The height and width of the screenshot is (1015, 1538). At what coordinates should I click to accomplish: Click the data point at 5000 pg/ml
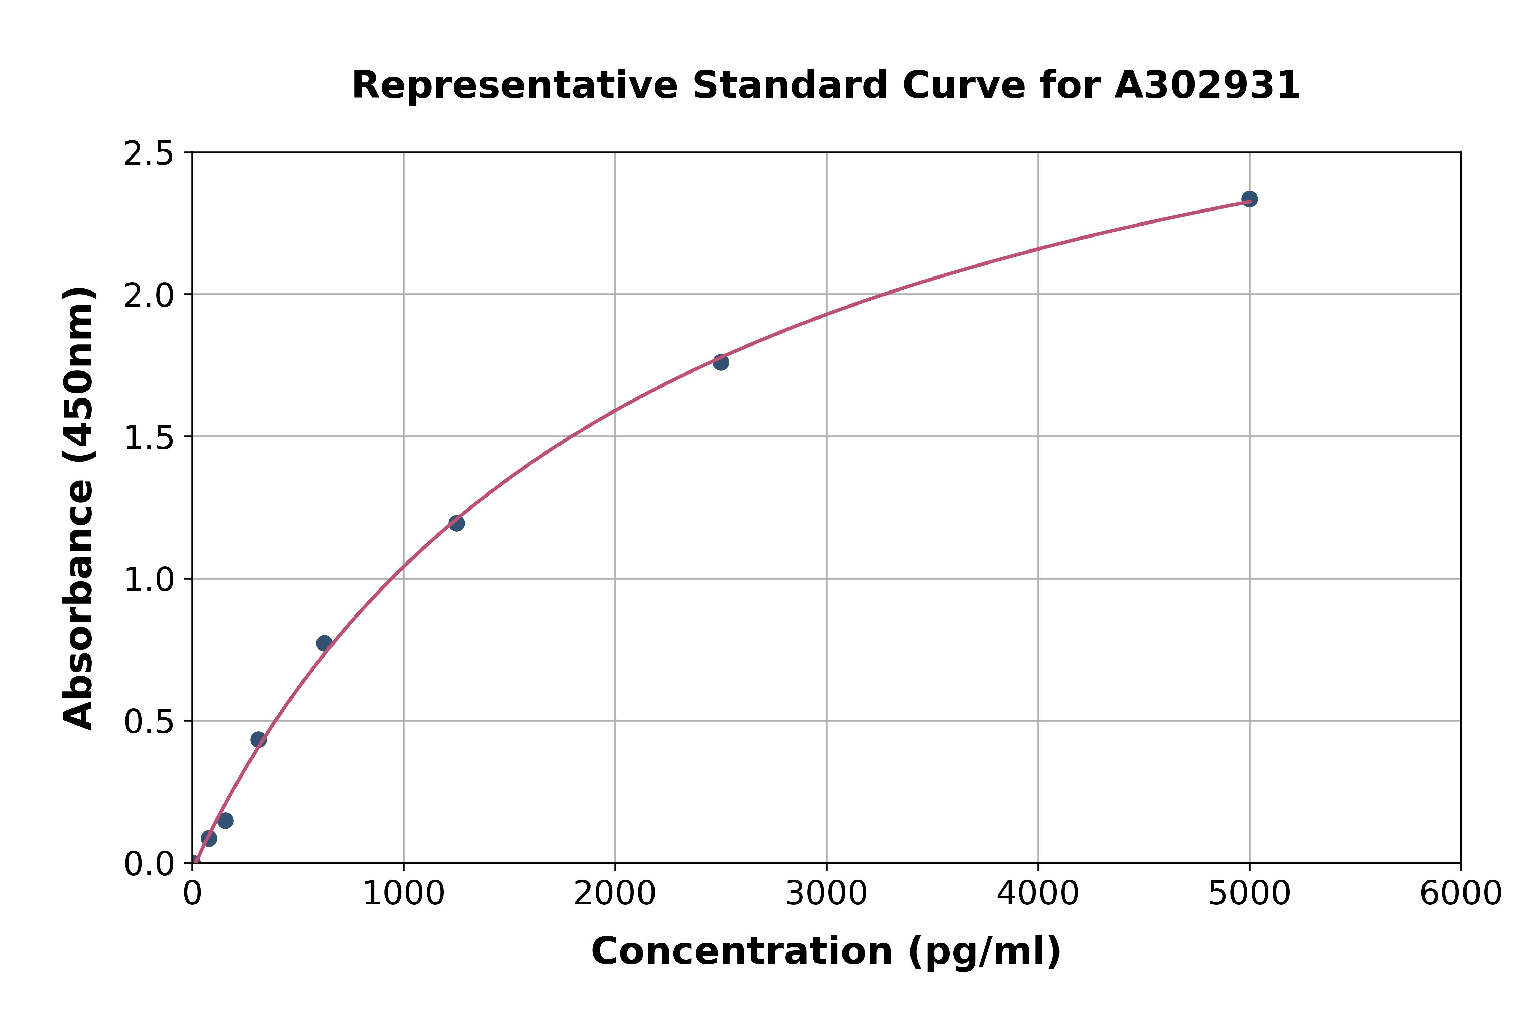[x=1249, y=199]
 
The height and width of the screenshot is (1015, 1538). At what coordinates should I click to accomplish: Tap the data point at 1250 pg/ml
[x=456, y=523]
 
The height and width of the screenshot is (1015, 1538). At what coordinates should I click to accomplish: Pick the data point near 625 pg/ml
[x=324, y=643]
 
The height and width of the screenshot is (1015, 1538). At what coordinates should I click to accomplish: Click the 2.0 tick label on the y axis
[x=149, y=296]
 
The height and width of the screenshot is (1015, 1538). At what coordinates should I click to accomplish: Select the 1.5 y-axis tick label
[x=149, y=438]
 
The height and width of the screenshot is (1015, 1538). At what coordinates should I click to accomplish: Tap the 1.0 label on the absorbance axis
[x=149, y=580]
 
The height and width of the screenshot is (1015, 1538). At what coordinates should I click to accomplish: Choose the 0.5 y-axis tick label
[x=149, y=722]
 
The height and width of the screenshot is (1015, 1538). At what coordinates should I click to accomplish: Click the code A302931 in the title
[x=1207, y=85]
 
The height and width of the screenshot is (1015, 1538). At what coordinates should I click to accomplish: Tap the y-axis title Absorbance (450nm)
[x=79, y=508]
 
